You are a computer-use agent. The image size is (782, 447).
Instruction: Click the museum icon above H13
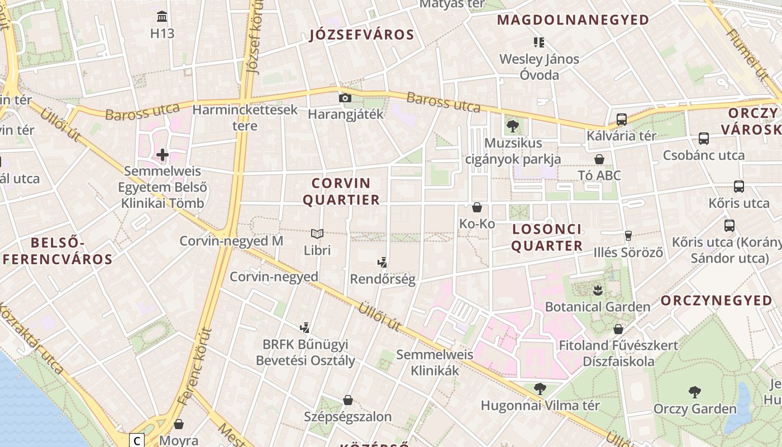[162, 16]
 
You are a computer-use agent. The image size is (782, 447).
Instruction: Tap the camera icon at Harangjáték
[345, 98]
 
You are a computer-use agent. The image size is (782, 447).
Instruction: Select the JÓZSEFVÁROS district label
[362, 35]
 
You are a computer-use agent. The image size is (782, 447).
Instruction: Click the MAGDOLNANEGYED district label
[573, 21]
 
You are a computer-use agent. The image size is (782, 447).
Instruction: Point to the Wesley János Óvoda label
[539, 66]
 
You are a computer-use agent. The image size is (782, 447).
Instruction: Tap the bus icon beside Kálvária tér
[621, 119]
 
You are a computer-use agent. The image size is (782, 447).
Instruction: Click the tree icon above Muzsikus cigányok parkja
[512, 126]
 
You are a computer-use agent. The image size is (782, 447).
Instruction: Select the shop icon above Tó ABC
[599, 159]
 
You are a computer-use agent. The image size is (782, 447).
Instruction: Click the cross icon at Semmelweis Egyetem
[163, 154]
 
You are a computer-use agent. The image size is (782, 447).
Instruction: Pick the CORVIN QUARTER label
[341, 191]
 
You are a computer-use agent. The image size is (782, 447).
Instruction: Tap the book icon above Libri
[317, 234]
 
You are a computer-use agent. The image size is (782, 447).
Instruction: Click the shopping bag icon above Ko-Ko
[477, 207]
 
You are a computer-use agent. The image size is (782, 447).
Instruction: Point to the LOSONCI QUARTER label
[547, 237]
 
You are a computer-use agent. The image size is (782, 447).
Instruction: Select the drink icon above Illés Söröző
[628, 236]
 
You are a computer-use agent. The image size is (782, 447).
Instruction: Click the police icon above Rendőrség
[383, 262]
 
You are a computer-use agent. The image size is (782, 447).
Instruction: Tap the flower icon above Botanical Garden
[598, 290]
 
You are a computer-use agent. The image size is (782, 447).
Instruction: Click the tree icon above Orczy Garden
[695, 392]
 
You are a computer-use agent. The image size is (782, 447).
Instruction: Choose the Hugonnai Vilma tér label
[540, 405]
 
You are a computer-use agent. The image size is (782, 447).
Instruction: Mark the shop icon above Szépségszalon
[347, 400]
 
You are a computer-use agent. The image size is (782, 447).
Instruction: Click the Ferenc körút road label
[195, 367]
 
